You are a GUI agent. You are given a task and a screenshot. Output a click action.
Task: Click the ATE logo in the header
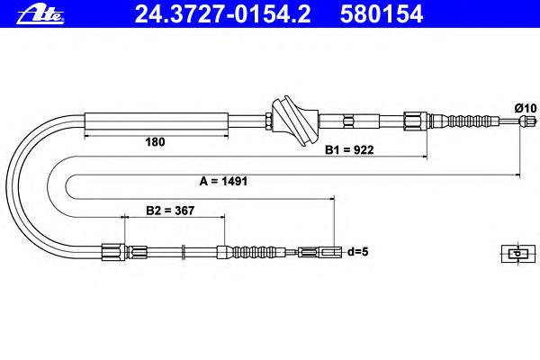pos(40,14)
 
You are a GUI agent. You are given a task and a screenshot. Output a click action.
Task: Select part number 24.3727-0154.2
pos(222,13)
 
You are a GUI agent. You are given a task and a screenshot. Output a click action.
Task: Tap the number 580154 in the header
pos(382,13)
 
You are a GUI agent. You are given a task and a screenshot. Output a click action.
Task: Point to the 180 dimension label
pos(155,142)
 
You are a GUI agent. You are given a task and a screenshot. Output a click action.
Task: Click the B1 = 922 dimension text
pos(349,150)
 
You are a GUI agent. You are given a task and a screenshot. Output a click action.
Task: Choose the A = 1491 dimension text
pos(223,181)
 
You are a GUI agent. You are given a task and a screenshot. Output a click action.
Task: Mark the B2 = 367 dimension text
pos(170,211)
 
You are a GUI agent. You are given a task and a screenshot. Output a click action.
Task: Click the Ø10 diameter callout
pos(526,108)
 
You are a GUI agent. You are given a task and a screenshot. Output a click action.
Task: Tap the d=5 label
pos(358,252)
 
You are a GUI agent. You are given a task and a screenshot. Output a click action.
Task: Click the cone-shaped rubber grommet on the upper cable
pos(295,121)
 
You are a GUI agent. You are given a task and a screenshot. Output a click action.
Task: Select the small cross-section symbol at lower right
pos(518,254)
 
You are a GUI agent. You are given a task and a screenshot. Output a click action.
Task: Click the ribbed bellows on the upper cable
pos(472,121)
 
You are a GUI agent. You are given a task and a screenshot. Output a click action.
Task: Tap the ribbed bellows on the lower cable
pos(256,252)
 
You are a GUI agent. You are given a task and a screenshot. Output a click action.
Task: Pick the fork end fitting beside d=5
pos(320,252)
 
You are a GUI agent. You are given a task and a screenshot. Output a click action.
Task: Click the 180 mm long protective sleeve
pos(157,121)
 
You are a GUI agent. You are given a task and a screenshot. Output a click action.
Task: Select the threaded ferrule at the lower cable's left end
pos(113,252)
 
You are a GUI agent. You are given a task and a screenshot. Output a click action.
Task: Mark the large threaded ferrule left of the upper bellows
pos(415,121)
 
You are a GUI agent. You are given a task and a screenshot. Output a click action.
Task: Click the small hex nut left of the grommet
pos(269,121)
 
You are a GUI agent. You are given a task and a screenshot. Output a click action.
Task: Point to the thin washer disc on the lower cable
pos(184,252)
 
